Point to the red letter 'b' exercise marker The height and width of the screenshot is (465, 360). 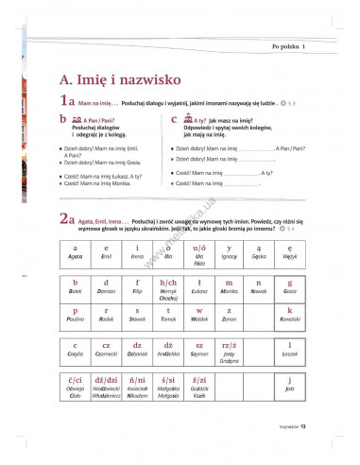(x=62, y=121)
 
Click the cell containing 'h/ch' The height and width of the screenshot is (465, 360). (x=168, y=288)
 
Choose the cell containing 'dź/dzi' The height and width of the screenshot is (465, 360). (x=106, y=387)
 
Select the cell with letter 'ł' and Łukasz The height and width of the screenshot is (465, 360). (x=198, y=286)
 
